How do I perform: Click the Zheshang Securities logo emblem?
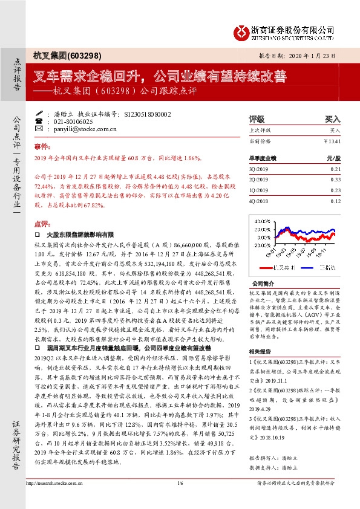point(241,30)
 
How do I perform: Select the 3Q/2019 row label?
point(260,170)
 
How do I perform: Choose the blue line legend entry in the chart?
point(316,265)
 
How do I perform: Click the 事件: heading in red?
point(41,147)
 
